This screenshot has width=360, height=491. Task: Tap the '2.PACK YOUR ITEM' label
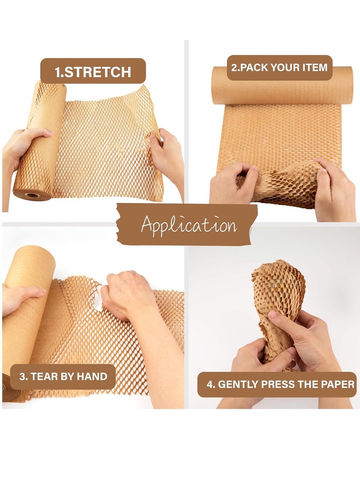coord(279,68)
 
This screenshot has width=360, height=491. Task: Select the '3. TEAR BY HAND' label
coord(63,376)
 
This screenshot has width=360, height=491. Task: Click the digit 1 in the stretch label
coord(58,72)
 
